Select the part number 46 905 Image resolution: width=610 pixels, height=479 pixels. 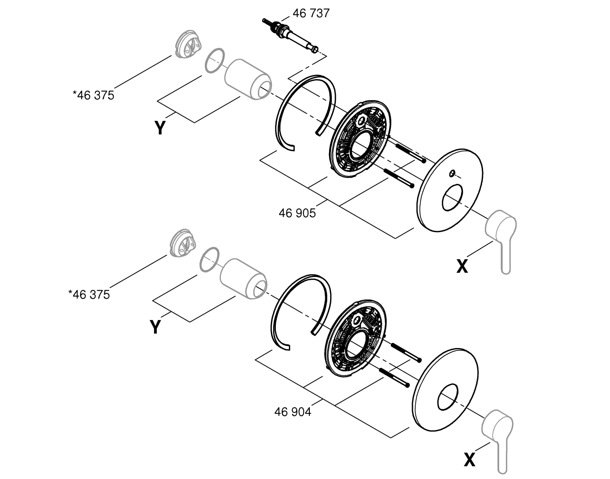(x=297, y=212)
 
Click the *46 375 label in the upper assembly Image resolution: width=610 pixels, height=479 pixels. (x=93, y=95)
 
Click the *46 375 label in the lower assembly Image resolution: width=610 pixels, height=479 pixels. (x=89, y=294)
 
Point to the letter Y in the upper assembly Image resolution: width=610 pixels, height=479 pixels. (x=160, y=128)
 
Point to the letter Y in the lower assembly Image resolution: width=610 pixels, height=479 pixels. (x=156, y=327)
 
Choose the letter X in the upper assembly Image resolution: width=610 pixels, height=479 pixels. (x=462, y=266)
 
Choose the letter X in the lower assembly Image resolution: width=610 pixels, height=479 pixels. (x=469, y=460)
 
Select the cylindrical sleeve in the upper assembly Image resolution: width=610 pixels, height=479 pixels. (x=247, y=78)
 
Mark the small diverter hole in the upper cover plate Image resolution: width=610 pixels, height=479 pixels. (x=452, y=173)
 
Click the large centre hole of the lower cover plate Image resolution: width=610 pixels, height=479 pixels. (x=447, y=397)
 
